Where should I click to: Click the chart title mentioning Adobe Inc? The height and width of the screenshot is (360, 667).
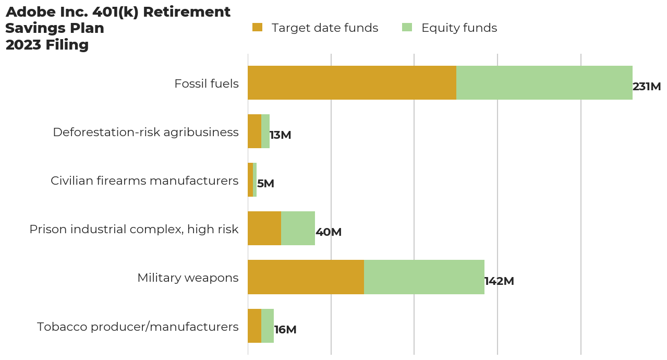(118, 28)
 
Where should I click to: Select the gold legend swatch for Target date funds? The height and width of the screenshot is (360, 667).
(257, 28)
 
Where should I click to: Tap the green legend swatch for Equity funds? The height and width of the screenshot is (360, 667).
(407, 28)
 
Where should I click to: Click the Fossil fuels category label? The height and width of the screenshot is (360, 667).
(207, 83)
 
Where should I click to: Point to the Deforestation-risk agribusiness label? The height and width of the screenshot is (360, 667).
(145, 132)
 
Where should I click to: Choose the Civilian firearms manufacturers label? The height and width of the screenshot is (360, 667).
(144, 181)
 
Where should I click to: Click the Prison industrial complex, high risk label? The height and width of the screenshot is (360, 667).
(134, 229)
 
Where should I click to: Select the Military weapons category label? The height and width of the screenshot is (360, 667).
(188, 278)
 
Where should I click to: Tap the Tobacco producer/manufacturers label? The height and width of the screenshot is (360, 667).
(138, 327)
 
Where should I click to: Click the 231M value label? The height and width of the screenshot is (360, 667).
(647, 87)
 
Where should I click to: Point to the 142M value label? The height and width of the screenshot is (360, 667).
(499, 281)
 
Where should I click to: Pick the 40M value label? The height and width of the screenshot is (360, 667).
(329, 232)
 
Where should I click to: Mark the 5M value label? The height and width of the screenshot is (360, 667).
(265, 184)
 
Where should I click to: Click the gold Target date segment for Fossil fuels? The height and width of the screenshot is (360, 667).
(352, 82)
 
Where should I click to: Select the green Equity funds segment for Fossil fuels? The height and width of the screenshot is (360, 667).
(544, 82)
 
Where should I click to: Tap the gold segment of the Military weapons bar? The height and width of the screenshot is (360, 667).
(306, 277)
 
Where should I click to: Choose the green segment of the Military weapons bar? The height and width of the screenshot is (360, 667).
(424, 277)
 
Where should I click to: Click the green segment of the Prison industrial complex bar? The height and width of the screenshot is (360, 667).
(298, 228)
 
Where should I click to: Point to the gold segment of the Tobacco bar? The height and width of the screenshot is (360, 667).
(254, 326)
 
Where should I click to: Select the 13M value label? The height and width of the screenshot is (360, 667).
(281, 135)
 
